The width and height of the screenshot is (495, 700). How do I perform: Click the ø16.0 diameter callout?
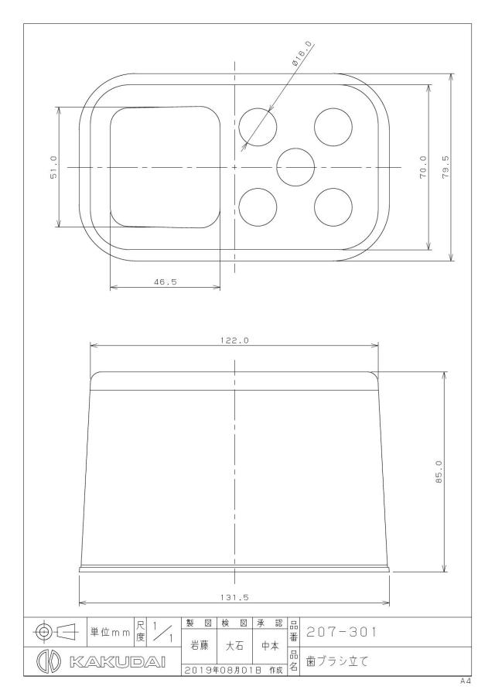pyautogui.click(x=302, y=54)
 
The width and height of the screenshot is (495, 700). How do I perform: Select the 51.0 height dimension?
pyautogui.click(x=53, y=167)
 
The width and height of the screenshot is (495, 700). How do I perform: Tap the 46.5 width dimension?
pyautogui.click(x=166, y=282)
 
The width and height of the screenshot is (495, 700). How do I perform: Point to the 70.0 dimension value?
pyautogui.click(x=423, y=167)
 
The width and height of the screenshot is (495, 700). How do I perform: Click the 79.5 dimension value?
pyautogui.click(x=445, y=167)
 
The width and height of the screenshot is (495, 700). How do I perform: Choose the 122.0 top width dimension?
pyautogui.click(x=234, y=340)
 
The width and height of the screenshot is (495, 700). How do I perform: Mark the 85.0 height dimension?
pyautogui.click(x=439, y=473)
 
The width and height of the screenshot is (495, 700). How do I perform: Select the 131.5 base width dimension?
pyautogui.click(x=234, y=597)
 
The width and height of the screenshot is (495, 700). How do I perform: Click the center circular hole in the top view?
pyautogui.click(x=295, y=167)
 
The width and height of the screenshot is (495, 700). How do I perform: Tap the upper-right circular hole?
pyautogui.click(x=333, y=127)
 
